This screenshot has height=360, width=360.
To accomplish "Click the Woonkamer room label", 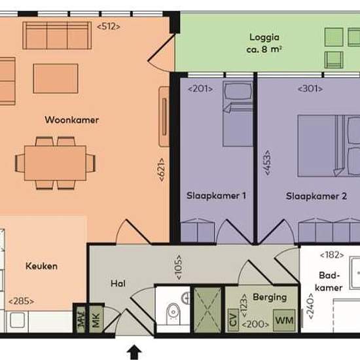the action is coord(71,120).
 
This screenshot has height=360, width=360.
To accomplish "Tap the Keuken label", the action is coord(41,266).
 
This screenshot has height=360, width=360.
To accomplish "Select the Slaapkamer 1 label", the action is coord(216,196).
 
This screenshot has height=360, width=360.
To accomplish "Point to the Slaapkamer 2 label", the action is coord(316,196).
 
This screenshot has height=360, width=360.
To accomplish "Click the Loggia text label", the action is coord(264,37).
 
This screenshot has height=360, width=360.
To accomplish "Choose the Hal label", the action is coord(118,283).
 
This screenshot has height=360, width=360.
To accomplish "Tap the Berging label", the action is coord(270,297).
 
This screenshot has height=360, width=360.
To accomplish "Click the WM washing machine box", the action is coord(284,320).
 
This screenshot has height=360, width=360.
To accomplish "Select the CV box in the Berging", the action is coord(233,320).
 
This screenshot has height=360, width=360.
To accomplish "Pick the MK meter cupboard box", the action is coord(96,319).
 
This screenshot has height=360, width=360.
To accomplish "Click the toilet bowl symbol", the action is coord(173,314).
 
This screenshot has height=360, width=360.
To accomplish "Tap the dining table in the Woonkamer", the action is coord(55,163).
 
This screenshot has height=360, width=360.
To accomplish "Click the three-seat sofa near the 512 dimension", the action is coord(57,35).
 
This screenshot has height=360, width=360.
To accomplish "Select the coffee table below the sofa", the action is coord(56,79).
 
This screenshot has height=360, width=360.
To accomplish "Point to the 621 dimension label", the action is coord(162,170).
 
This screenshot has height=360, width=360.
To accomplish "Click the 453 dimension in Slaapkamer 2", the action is coord(267,163).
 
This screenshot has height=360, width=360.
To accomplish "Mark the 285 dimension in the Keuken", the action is coord(22,301).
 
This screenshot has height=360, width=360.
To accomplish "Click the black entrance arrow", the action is coord(134,352).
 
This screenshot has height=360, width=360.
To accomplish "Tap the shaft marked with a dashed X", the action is coord(207,310).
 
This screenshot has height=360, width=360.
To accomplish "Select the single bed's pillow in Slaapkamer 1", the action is coord(238,91).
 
